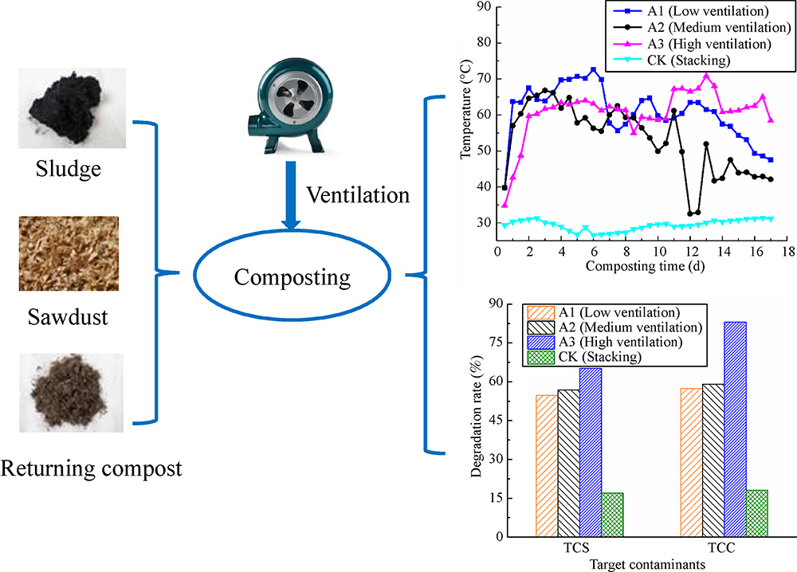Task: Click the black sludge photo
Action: coord(73,108)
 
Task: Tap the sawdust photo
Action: coord(69,253)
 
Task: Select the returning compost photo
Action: coord(71,393)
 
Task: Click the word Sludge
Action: coord(68,169)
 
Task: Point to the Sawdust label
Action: coord(68,317)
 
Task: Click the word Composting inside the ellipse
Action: coord(292,278)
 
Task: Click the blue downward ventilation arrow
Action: coord(291,195)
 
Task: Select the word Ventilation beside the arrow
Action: coord(358,195)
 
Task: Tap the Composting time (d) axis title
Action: coord(645,266)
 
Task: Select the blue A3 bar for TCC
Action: coord(735,429)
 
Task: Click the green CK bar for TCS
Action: coord(612,515)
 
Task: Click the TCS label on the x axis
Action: coord(576,548)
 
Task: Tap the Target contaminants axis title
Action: coord(647,564)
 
